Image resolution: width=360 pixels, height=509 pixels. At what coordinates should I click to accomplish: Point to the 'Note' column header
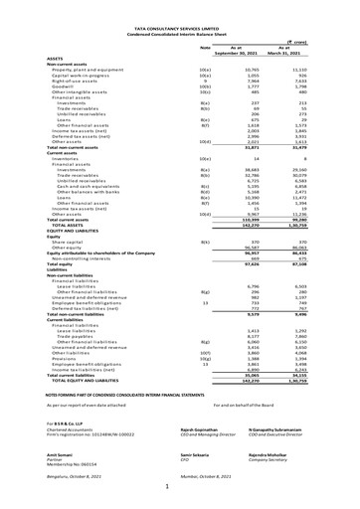[x=206, y=48]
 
